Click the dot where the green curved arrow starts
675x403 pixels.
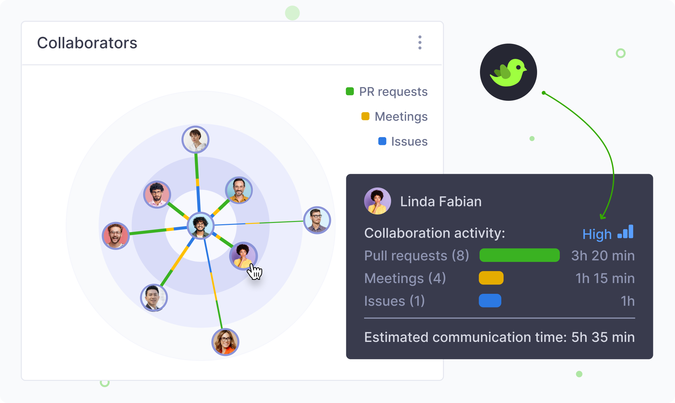tap(544, 93)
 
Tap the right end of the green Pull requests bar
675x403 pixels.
tap(559, 255)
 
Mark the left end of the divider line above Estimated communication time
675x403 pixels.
tap(364, 318)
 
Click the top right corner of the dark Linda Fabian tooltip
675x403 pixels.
tap(653, 175)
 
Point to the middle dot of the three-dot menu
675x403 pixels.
tap(420, 43)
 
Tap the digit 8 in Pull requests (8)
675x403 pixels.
tap(460, 255)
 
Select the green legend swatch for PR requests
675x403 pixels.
tap(350, 91)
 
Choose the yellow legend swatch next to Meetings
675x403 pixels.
tap(365, 116)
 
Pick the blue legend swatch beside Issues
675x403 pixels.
tap(382, 141)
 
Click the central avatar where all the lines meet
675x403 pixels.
tap(201, 226)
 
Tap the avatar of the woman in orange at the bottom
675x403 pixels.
tap(225, 342)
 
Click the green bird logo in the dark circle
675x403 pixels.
tap(508, 72)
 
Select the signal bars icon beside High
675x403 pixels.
tap(625, 232)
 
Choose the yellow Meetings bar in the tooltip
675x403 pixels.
tap(491, 278)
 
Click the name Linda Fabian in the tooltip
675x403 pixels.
tap(441, 201)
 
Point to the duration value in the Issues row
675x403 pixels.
tap(628, 301)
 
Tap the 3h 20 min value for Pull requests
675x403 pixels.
tap(603, 255)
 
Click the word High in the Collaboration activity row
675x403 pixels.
tap(597, 234)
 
